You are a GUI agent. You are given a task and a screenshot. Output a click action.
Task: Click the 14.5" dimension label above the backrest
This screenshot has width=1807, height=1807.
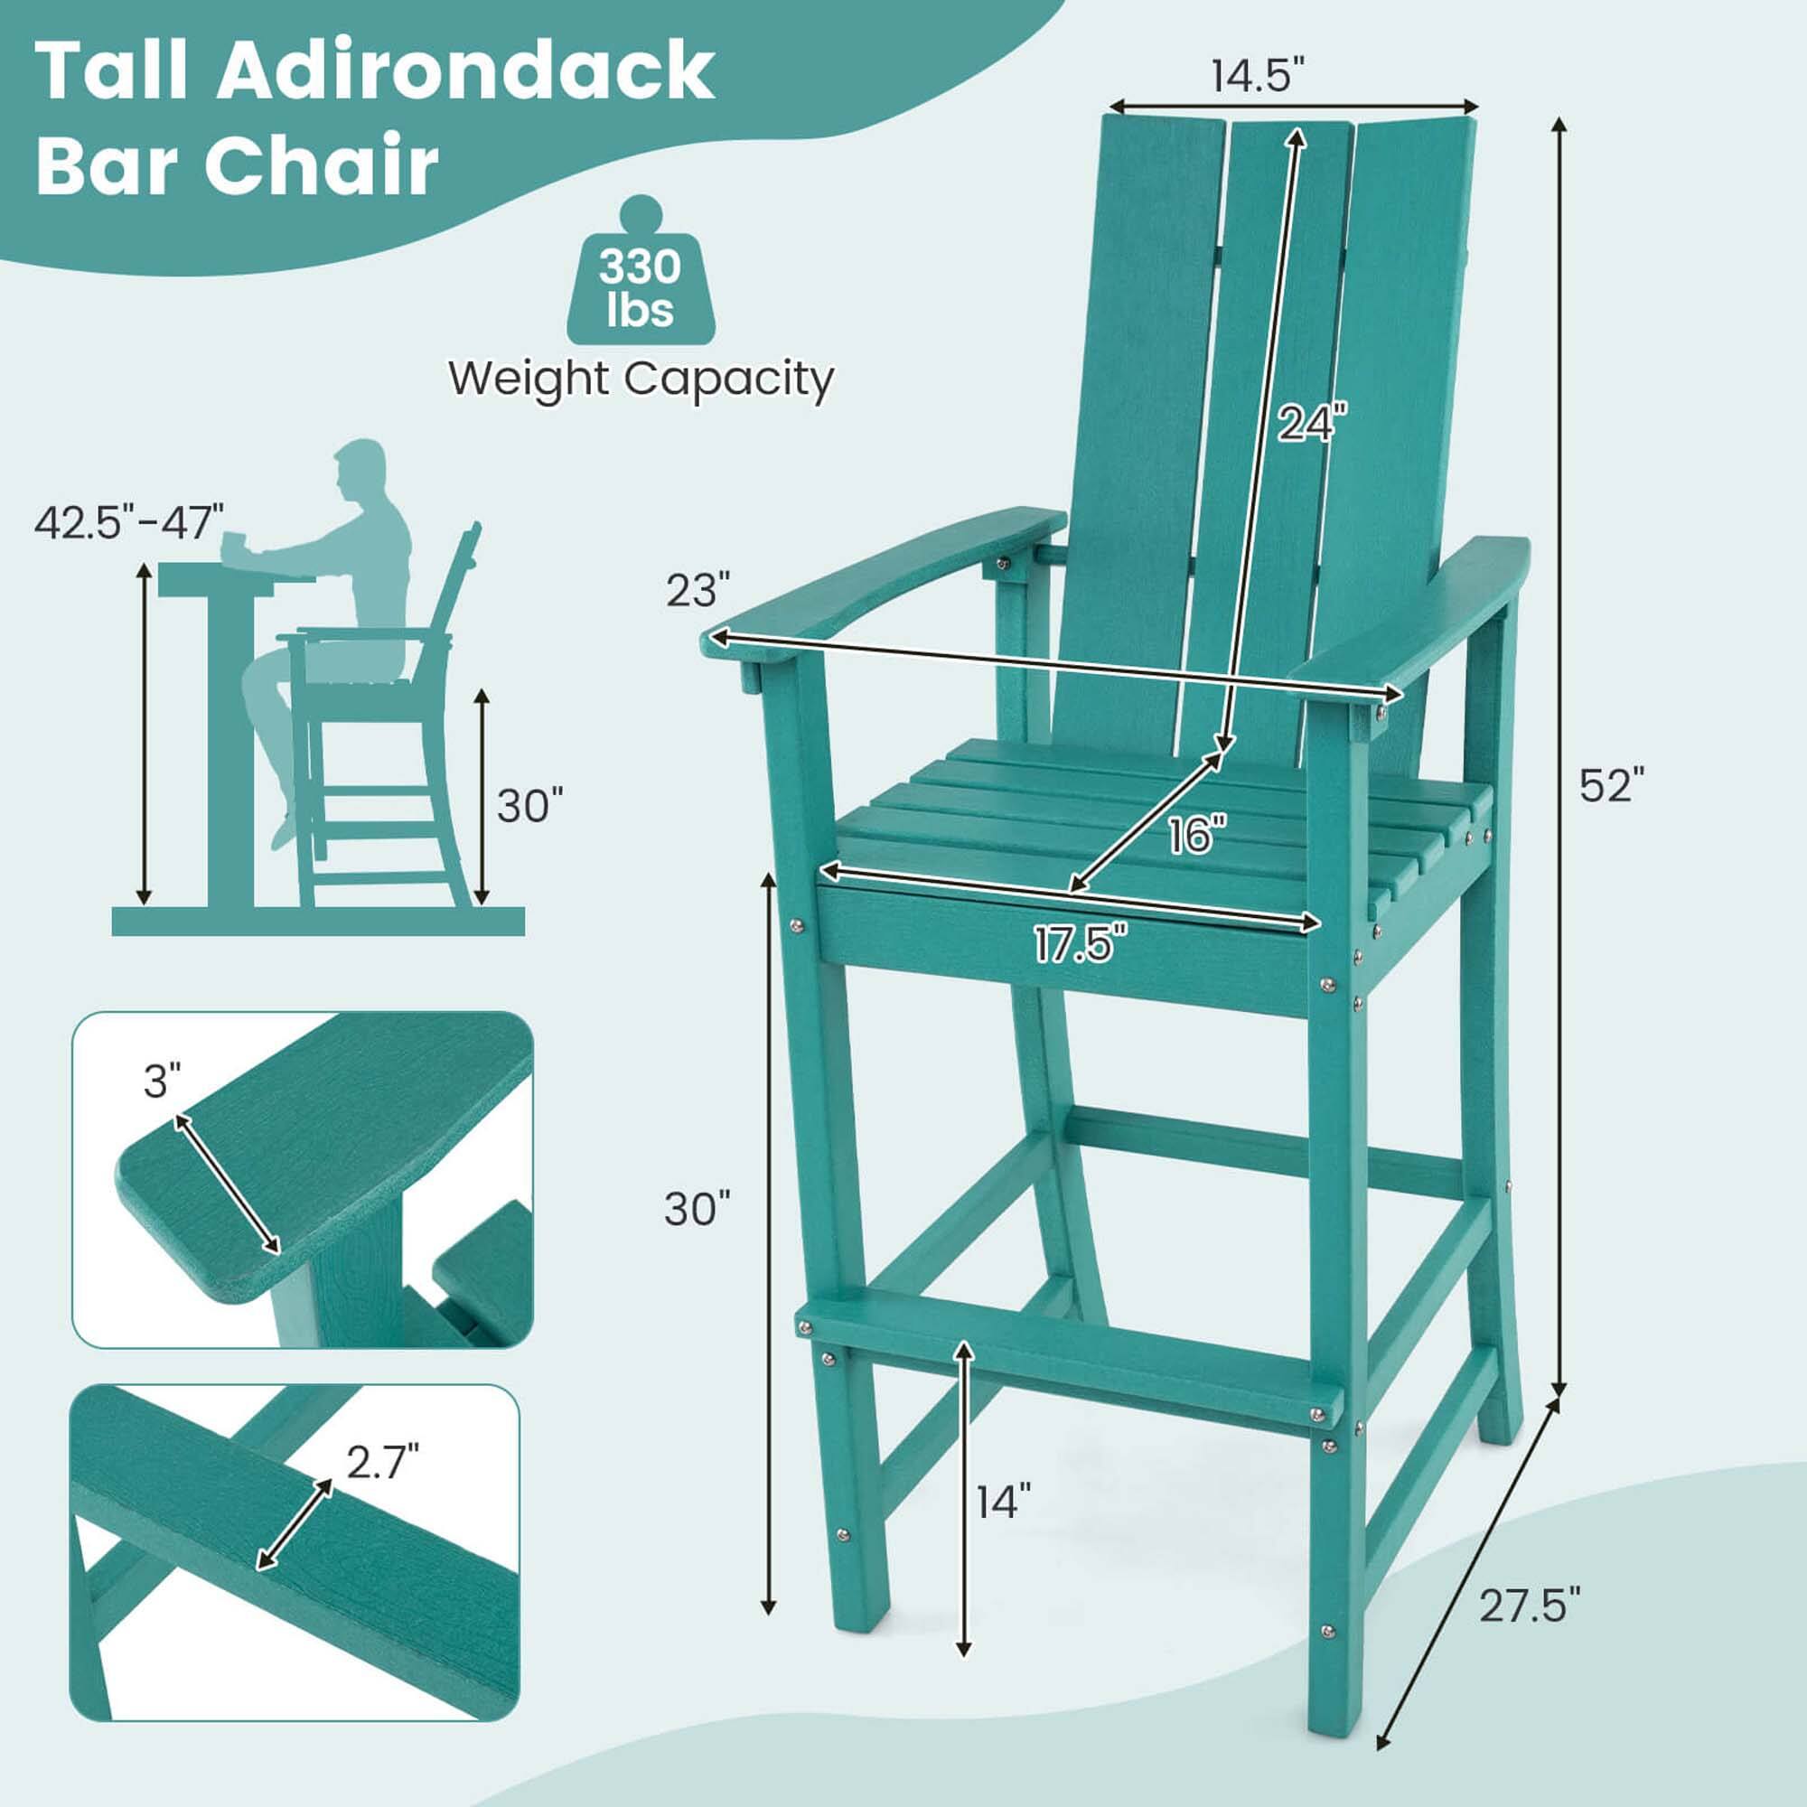coord(1257,75)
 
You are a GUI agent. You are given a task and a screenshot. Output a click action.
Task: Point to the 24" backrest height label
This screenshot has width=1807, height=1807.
coord(1313,423)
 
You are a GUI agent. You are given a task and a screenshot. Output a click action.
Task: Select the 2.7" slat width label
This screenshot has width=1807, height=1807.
coord(381,1461)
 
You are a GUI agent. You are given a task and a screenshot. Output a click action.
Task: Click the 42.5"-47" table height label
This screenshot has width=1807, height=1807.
coord(129,522)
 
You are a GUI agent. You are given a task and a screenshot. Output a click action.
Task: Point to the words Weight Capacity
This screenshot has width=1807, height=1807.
coord(641,379)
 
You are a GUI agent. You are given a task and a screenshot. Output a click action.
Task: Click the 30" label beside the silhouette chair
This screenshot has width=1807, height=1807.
coord(530,806)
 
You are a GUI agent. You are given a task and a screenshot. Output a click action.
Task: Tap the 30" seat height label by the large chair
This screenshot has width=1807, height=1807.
coord(697,1210)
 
